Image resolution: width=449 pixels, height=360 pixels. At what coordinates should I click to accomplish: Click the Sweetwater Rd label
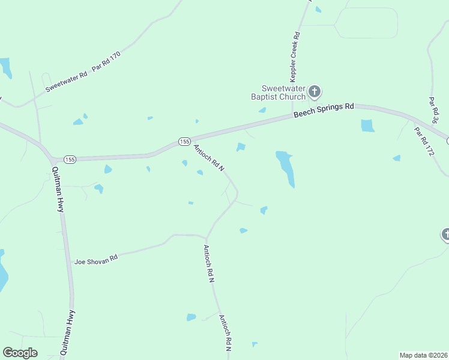(67, 82)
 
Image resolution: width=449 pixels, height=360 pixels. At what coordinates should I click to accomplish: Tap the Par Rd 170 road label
(106, 62)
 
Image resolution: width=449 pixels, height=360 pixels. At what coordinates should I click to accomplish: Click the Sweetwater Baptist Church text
(278, 92)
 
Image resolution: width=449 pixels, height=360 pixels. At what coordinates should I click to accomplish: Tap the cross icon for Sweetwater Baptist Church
(314, 92)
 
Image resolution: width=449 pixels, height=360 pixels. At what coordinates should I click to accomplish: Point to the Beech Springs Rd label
(324, 110)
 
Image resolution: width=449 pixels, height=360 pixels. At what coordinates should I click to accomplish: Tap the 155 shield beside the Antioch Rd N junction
(184, 142)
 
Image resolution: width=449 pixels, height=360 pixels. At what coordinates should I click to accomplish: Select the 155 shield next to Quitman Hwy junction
(70, 160)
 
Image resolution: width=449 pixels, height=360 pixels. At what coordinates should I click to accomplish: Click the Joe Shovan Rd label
(96, 260)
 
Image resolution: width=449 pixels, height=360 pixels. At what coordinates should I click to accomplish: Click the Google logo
(20, 353)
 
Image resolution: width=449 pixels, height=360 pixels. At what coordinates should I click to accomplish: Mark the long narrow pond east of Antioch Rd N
(286, 168)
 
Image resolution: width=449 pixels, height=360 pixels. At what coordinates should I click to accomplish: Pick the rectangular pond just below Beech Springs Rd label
(367, 125)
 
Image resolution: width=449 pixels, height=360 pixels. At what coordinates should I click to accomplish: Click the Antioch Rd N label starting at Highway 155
(209, 157)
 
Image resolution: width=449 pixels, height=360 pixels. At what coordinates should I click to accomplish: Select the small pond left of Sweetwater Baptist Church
(262, 110)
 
